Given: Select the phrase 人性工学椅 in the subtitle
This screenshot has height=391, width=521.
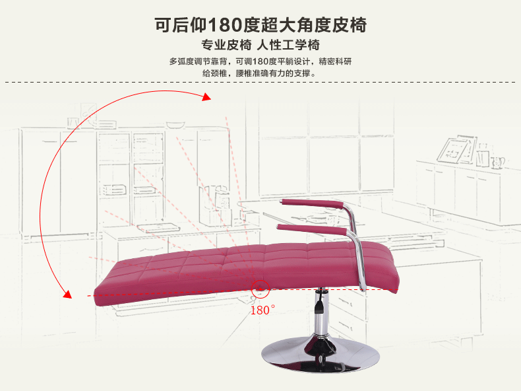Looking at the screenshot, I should (x=289, y=46).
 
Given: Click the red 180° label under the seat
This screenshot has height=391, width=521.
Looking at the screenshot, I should (x=262, y=310).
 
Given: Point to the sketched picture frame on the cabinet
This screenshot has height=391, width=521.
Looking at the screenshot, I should (x=456, y=150).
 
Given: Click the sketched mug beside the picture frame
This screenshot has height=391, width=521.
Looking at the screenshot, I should (x=499, y=160).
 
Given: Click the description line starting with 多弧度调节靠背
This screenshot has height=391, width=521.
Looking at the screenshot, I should (x=260, y=61).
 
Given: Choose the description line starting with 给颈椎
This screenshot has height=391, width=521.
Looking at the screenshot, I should (x=260, y=73).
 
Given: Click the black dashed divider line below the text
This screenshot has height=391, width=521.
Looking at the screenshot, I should (x=260, y=83).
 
